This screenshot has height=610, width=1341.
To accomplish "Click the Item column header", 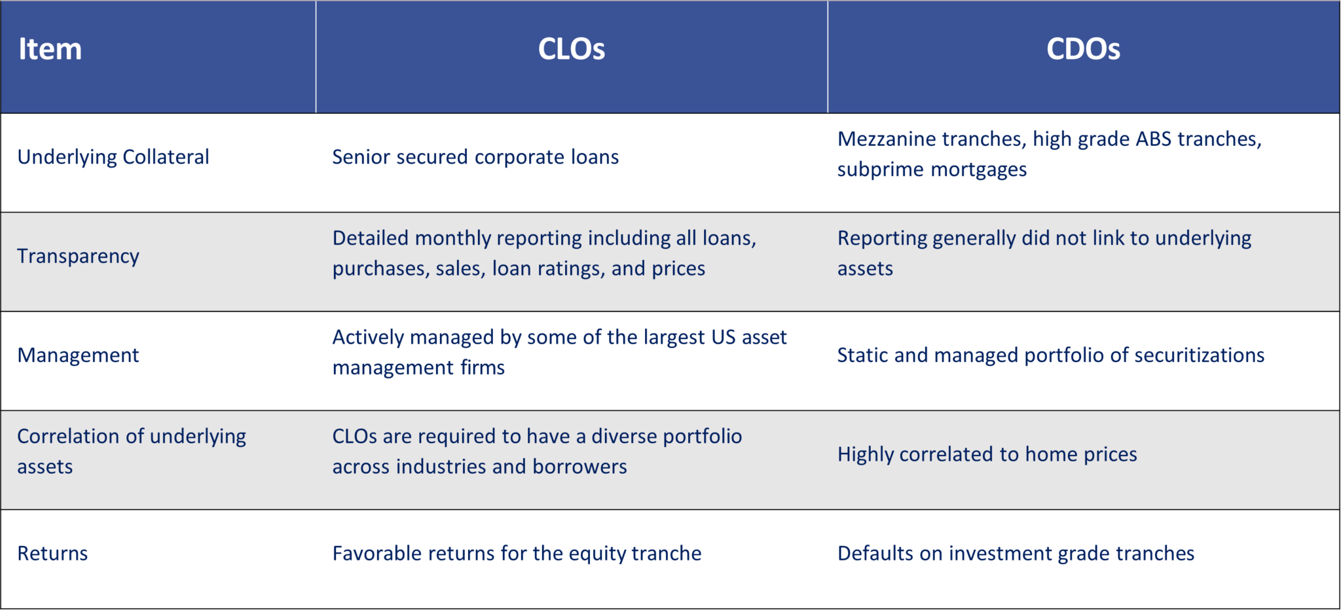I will [x=50, y=49].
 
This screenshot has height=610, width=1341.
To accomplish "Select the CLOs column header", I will [x=571, y=49].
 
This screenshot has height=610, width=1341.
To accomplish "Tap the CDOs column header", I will [x=1083, y=49].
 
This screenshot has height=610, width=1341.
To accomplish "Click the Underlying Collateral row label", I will [x=113, y=157].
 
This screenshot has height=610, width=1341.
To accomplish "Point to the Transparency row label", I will [x=78, y=256].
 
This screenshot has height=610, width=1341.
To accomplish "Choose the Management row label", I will [x=78, y=355].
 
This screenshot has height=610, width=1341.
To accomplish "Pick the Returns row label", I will [x=52, y=554].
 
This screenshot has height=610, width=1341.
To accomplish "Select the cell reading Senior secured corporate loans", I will [x=475, y=157].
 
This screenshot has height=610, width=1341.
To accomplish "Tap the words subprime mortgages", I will [x=932, y=170].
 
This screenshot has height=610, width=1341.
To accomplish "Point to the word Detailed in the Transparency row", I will [x=370, y=238].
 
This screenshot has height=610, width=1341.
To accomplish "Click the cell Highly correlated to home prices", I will [x=987, y=454].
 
